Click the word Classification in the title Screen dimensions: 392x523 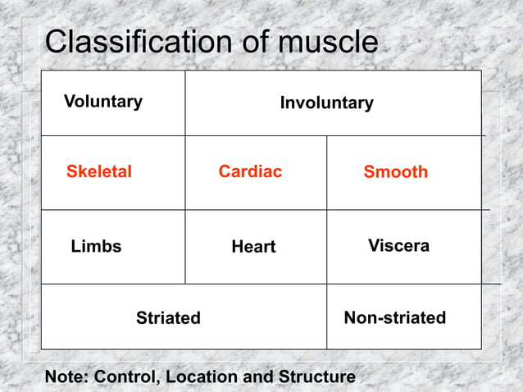(x=139, y=43)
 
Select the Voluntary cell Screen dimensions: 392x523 (x=103, y=102)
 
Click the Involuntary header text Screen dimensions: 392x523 (x=326, y=103)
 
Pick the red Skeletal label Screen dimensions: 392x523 (x=99, y=172)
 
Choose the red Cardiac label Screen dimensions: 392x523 (x=250, y=171)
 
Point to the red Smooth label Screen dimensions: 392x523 (x=396, y=172)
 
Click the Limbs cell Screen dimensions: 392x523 (x=96, y=246)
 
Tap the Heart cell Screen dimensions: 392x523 (x=253, y=247)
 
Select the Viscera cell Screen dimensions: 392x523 (x=398, y=246)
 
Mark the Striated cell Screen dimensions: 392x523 (x=168, y=318)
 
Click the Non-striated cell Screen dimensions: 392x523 (x=395, y=317)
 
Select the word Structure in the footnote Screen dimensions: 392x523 (x=317, y=377)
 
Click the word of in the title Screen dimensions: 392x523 (x=252, y=43)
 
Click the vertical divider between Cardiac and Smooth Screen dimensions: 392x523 (x=326, y=172)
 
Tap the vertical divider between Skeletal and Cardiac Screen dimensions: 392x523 (x=185, y=172)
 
